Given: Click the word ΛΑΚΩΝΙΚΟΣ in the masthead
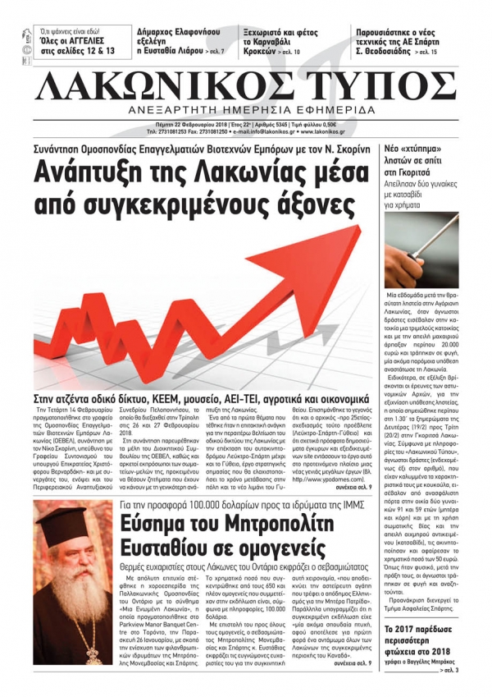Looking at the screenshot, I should coord(176,84).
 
